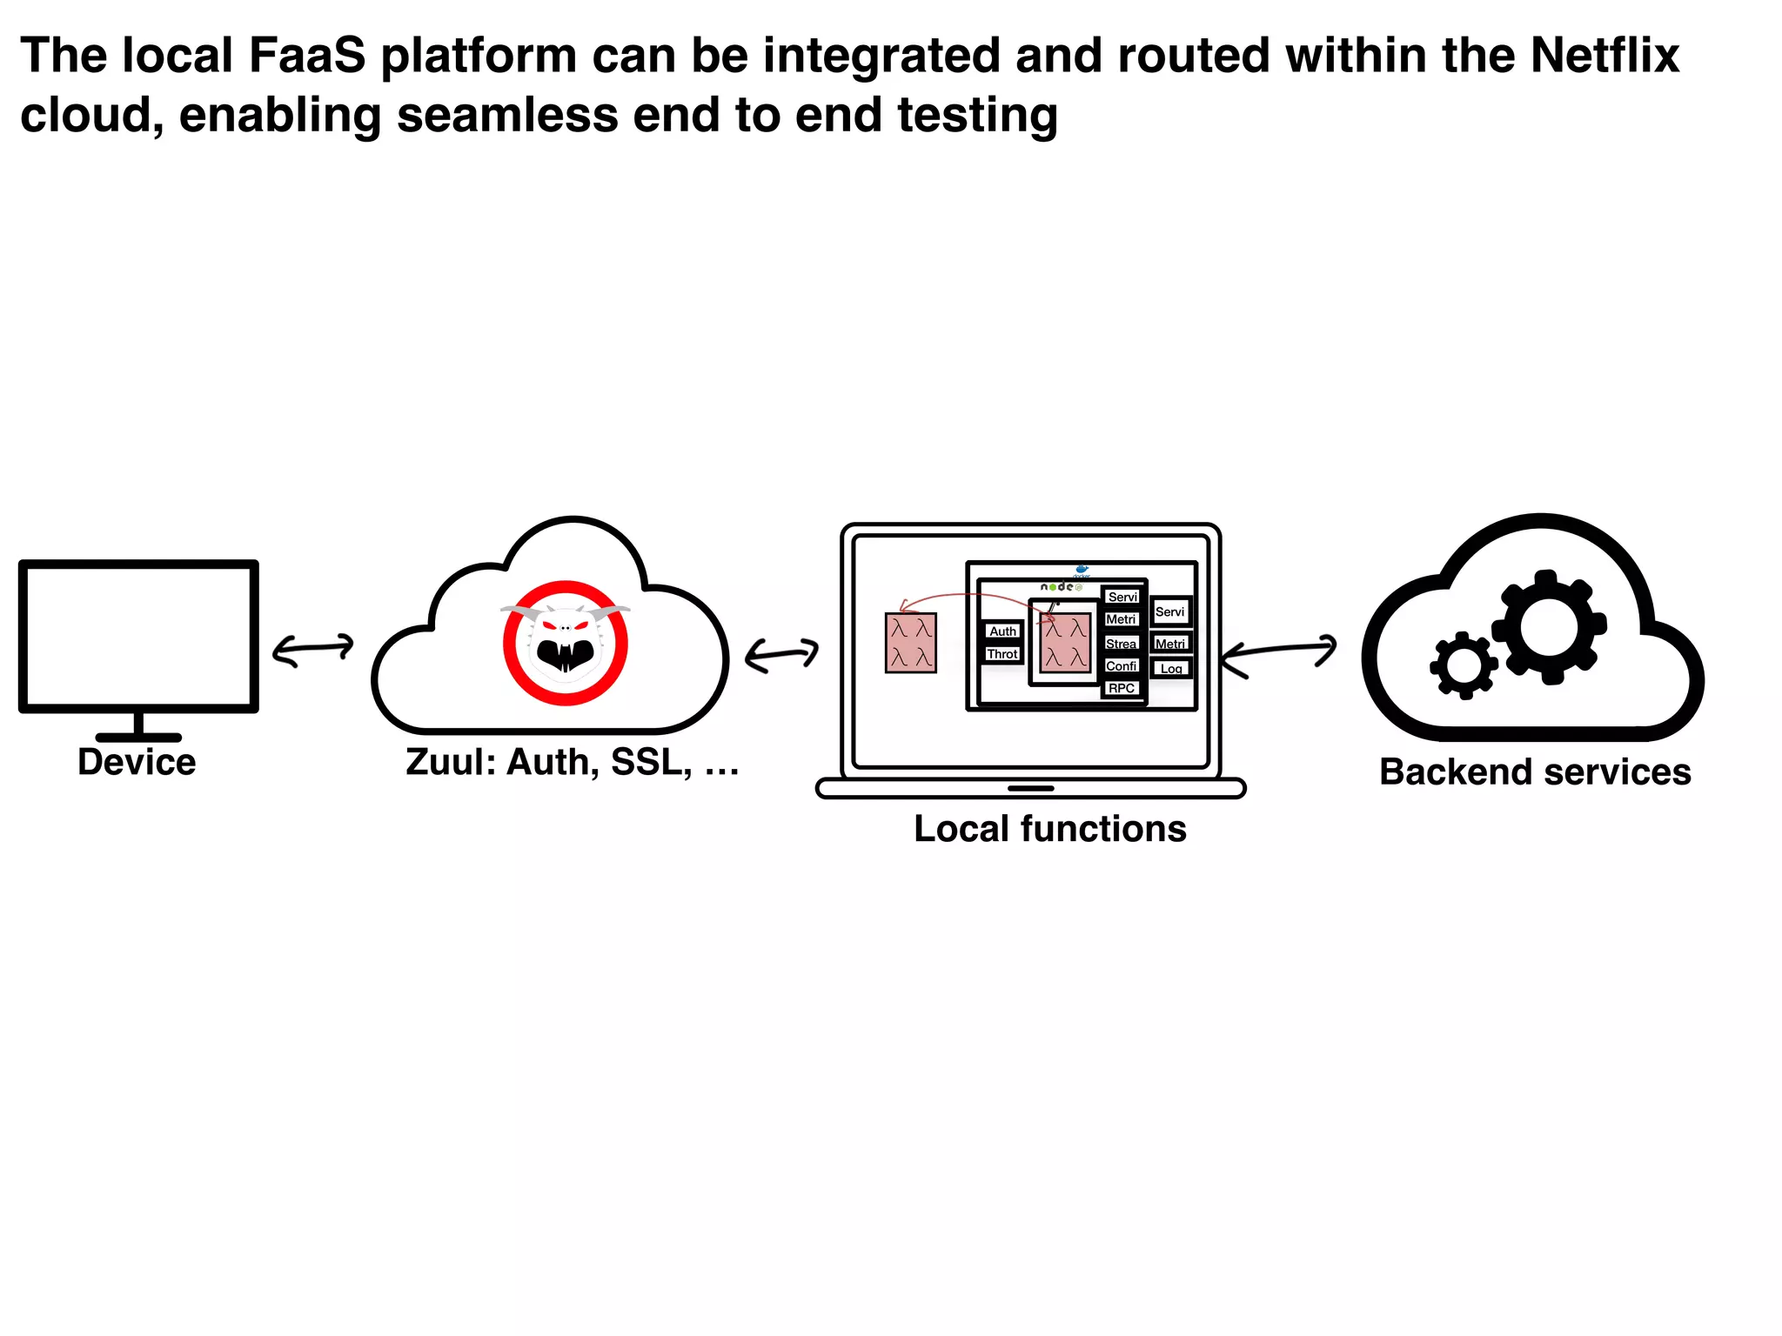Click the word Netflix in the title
click(x=1604, y=57)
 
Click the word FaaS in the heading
click(x=307, y=57)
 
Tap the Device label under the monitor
click(x=137, y=762)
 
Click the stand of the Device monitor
click(x=138, y=726)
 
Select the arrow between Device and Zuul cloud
click(x=313, y=649)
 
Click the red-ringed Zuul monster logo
click(x=566, y=643)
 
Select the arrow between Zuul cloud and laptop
click(x=781, y=654)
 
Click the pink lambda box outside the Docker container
click(x=910, y=643)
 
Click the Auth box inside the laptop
click(x=1002, y=631)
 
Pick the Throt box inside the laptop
click(x=1002, y=654)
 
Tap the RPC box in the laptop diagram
click(x=1121, y=688)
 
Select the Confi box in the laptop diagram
click(x=1121, y=666)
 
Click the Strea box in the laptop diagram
click(x=1121, y=644)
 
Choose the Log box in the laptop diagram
click(x=1171, y=669)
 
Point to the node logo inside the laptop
click(x=1060, y=587)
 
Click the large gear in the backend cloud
click(x=1549, y=627)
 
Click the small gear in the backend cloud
click(x=1464, y=666)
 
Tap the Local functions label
click(x=1049, y=829)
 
